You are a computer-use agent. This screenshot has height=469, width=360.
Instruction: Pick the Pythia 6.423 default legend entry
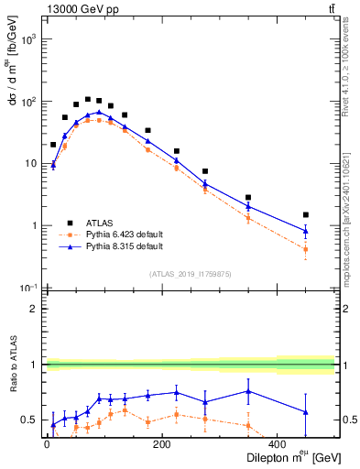click(x=110, y=234)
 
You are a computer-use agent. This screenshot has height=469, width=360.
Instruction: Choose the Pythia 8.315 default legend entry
click(x=110, y=246)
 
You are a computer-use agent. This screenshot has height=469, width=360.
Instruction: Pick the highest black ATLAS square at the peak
click(x=88, y=99)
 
